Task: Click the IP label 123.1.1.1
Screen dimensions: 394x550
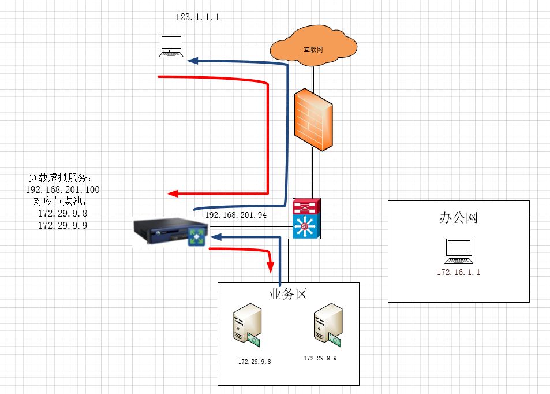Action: click(197, 18)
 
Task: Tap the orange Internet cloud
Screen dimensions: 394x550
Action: click(313, 47)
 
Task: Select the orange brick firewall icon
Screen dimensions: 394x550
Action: click(313, 120)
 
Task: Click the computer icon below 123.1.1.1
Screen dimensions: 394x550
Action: click(171, 46)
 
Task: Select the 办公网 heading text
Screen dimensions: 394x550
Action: click(458, 218)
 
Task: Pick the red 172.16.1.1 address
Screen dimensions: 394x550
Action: click(459, 272)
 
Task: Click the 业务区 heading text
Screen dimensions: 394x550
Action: click(288, 294)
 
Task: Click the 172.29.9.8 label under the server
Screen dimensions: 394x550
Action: click(255, 362)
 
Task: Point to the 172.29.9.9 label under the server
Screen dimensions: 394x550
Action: click(320, 359)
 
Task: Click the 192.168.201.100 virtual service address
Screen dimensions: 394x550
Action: click(63, 189)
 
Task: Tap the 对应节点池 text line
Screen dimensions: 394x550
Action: click(61, 202)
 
